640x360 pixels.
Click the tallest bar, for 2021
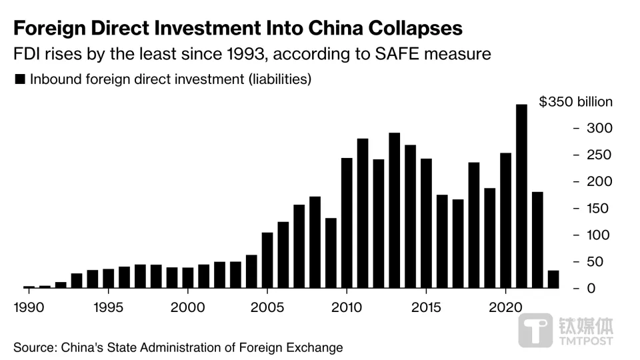[522, 196]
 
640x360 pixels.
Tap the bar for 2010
[347, 223]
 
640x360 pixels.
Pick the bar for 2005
[267, 260]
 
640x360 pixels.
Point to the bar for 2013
[395, 210]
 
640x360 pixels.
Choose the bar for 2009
[331, 253]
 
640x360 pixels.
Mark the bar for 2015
[426, 223]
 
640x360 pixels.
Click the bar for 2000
[188, 277]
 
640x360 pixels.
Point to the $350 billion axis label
[575, 102]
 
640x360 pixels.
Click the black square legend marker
[19, 79]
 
